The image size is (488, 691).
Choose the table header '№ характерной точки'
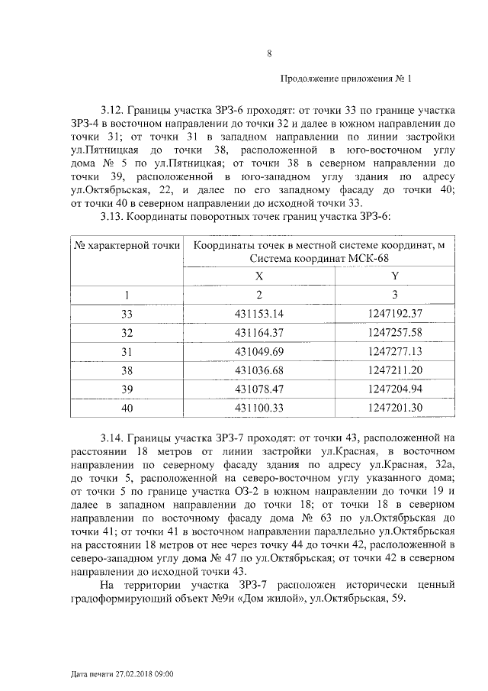click(x=127, y=246)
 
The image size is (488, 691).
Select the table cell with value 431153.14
click(x=258, y=314)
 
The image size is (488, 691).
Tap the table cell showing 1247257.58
click(x=394, y=333)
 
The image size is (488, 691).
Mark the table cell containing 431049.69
click(x=258, y=352)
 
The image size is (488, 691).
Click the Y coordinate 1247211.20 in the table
click(x=394, y=371)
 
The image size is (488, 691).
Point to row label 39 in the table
click(x=127, y=389)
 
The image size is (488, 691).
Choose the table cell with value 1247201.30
click(x=394, y=408)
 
